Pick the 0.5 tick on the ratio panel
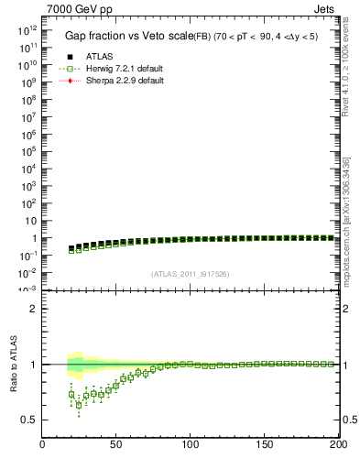(29, 420)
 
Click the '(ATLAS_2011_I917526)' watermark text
(190, 273)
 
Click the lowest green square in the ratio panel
(79, 404)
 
